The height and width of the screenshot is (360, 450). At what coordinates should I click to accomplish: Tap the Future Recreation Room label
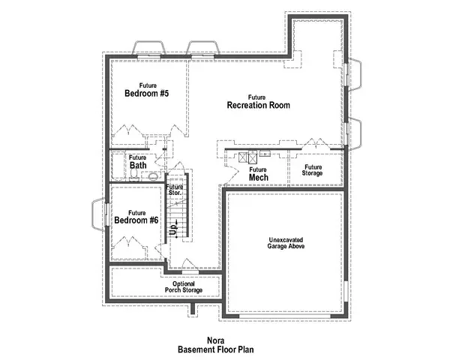pyautogui.click(x=258, y=102)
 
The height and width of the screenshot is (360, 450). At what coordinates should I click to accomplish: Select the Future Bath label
pyautogui.click(x=137, y=161)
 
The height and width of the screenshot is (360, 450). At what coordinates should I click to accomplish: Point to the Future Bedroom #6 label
pyautogui.click(x=136, y=217)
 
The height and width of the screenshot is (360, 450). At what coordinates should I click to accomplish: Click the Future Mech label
pyautogui.click(x=257, y=175)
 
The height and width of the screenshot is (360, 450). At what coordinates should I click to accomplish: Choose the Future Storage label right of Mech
pyautogui.click(x=313, y=170)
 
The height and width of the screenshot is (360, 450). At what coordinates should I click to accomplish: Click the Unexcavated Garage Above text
pyautogui.click(x=286, y=244)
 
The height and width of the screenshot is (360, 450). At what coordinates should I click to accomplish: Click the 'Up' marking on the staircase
pyautogui.click(x=173, y=232)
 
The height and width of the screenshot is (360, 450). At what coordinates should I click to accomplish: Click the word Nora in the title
pyautogui.click(x=217, y=340)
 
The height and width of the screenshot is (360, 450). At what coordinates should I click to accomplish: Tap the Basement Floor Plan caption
pyautogui.click(x=217, y=349)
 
